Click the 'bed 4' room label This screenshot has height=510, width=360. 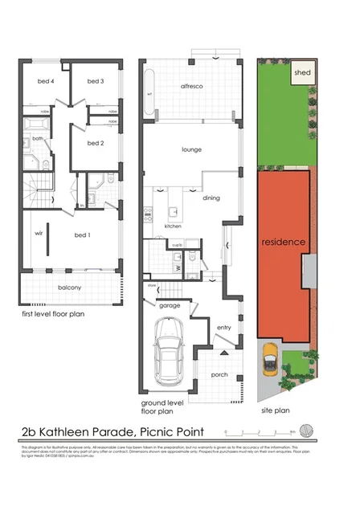[x=46, y=81]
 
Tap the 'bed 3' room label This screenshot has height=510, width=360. [x=96, y=81]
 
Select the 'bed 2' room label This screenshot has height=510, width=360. [x=96, y=143]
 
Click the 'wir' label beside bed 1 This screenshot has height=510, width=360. [x=37, y=235]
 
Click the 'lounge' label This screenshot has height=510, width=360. [x=191, y=149]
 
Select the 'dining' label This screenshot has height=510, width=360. [x=211, y=197]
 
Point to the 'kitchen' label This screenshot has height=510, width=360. [x=173, y=226]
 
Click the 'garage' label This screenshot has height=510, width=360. [x=169, y=306]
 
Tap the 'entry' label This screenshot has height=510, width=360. [x=225, y=327]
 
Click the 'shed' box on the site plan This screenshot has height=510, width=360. [x=303, y=72]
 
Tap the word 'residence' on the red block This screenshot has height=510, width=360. [x=283, y=242]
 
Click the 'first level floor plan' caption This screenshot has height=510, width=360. [x=53, y=314]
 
